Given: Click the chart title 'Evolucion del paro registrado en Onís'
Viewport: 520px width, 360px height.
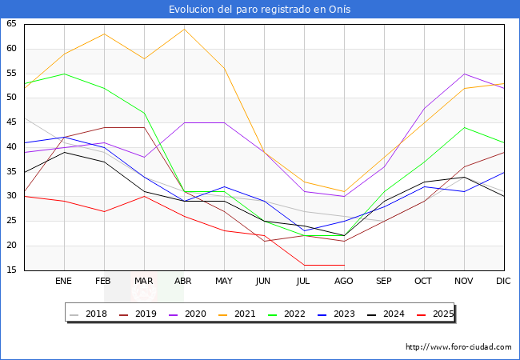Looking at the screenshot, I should [260, 10].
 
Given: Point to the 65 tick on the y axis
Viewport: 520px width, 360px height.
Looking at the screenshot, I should [11, 24].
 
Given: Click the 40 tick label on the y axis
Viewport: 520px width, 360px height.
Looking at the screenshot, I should [11, 147].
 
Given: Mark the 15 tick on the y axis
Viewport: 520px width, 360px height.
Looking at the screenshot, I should [11, 270].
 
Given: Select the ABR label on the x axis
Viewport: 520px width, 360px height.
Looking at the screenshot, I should [184, 282].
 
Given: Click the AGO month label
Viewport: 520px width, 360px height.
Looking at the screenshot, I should [344, 282].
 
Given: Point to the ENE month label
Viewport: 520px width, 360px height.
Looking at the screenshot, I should [64, 282].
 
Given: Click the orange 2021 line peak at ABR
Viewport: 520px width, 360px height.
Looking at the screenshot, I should [184, 29].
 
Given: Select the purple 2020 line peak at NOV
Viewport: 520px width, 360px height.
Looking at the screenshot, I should [464, 74].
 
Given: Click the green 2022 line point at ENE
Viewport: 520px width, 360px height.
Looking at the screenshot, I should [64, 74].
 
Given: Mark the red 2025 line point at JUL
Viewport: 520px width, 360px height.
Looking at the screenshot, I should [304, 265].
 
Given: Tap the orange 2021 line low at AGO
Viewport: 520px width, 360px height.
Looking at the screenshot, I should [344, 192].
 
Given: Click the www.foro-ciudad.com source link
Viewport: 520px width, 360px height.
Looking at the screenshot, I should [458, 347].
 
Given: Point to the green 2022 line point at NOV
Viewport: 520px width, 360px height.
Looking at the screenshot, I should [464, 127].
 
